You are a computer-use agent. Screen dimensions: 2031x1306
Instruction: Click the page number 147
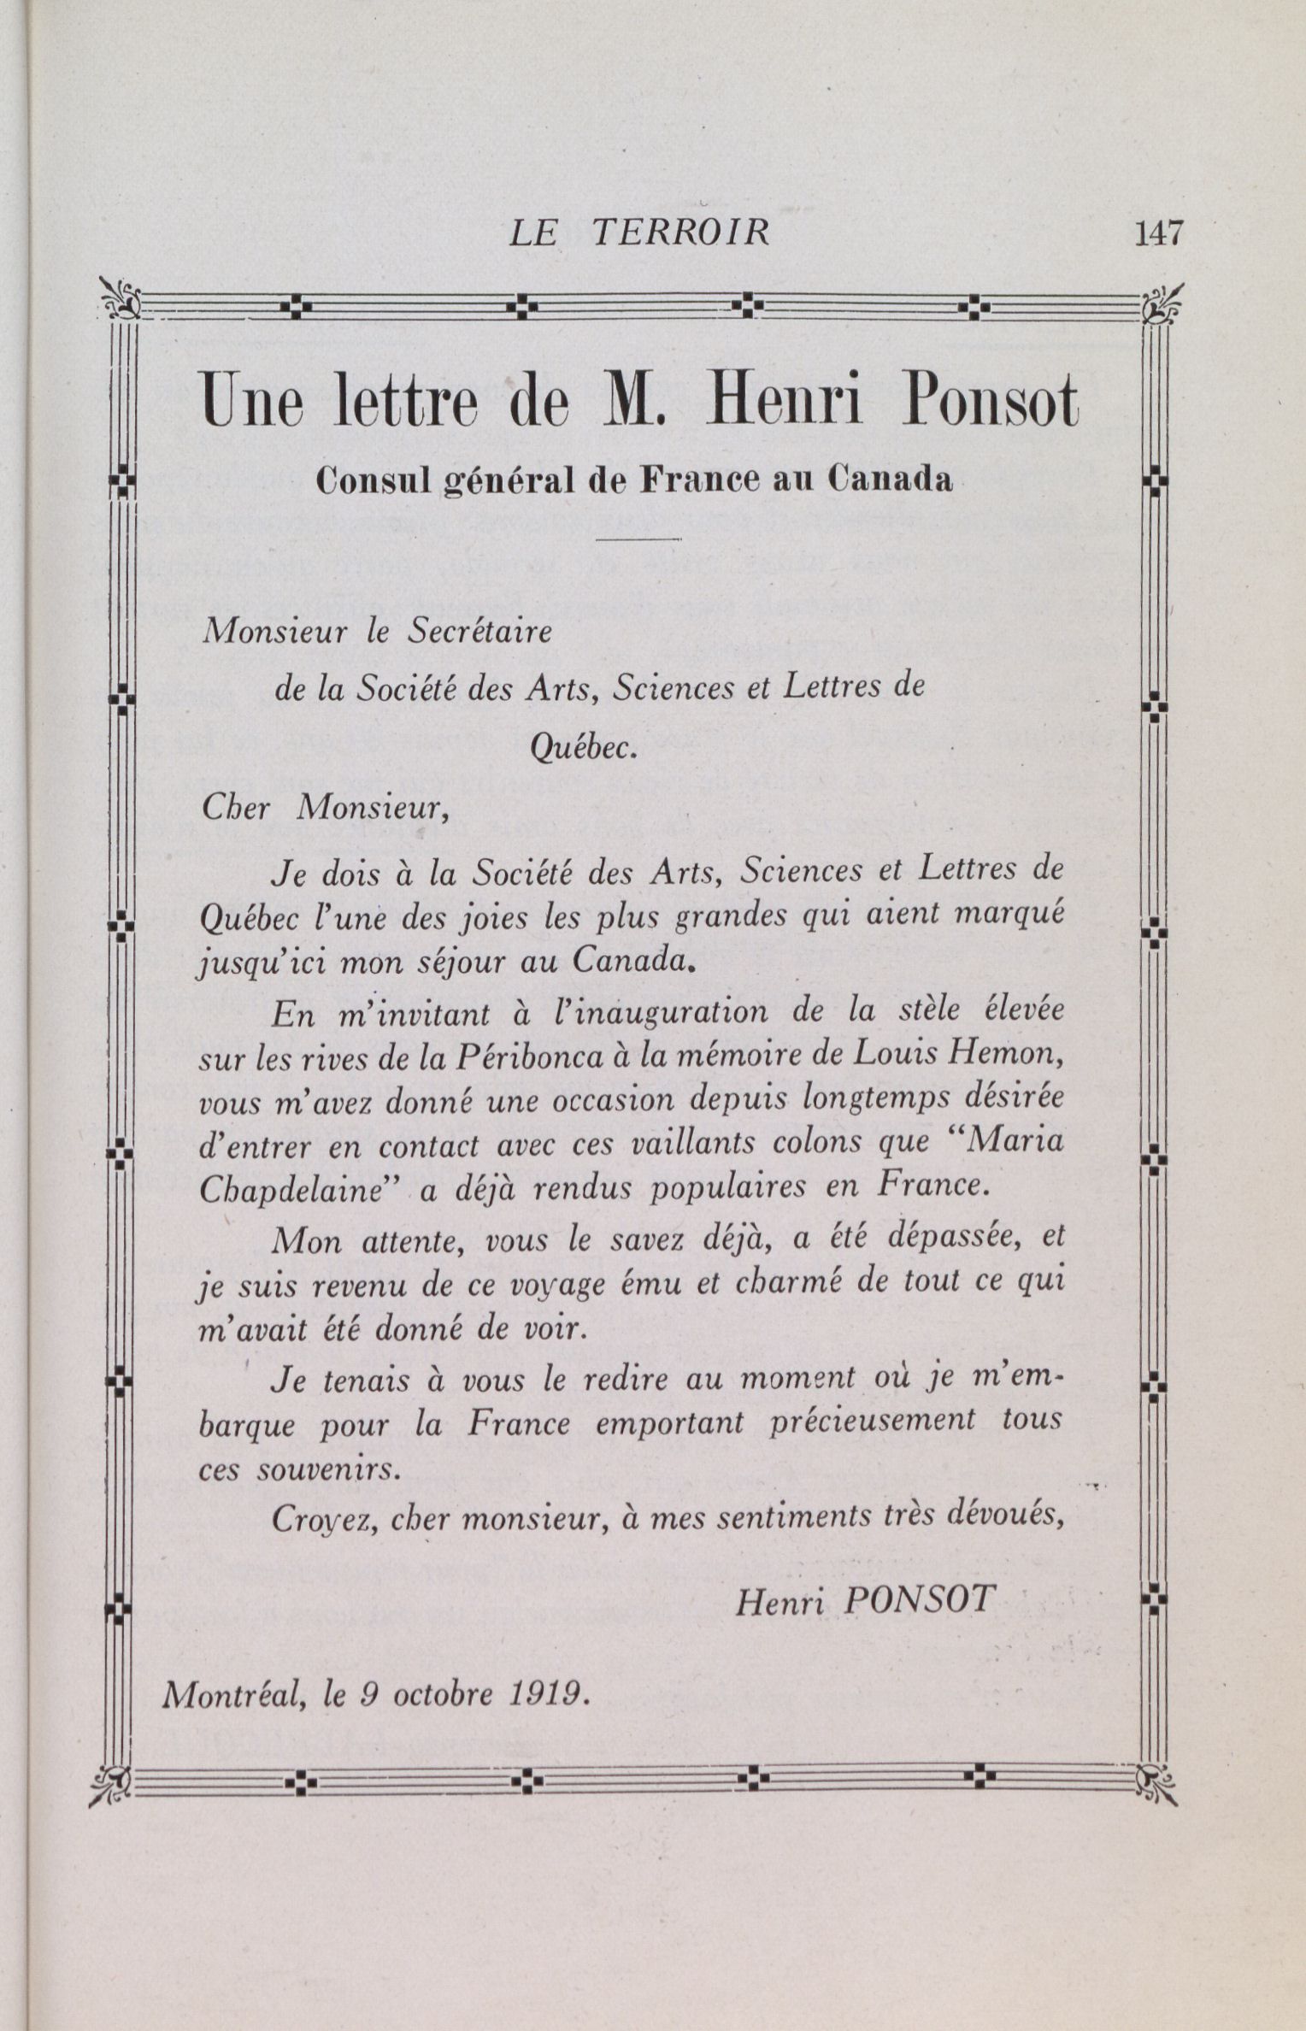pyautogui.click(x=1158, y=233)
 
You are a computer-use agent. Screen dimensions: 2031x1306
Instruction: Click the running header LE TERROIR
pyautogui.click(x=639, y=233)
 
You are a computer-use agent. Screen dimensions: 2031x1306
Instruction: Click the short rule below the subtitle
pyautogui.click(x=638, y=540)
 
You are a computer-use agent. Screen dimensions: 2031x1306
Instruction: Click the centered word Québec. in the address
pyautogui.click(x=583, y=748)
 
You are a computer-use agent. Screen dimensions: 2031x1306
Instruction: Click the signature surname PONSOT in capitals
pyautogui.click(x=920, y=1598)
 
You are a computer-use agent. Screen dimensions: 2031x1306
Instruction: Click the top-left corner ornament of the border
pyautogui.click(x=120, y=299)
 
